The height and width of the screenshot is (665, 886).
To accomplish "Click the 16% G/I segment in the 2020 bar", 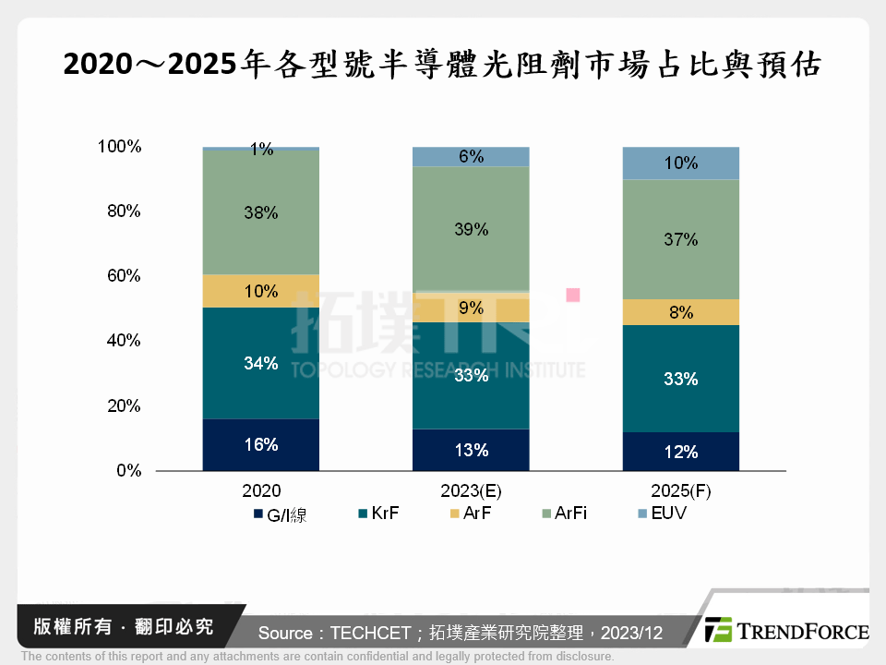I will [261, 445].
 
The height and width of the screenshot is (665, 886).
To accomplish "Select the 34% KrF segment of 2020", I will [261, 363].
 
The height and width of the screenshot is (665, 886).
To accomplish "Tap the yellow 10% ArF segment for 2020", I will [261, 291].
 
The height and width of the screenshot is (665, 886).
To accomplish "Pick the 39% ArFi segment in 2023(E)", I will [471, 229].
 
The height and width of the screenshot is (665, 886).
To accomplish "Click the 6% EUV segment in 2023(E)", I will [471, 157].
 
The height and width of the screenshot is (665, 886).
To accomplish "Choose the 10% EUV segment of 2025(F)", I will [681, 163].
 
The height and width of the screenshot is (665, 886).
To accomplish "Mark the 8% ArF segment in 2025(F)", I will [681, 312].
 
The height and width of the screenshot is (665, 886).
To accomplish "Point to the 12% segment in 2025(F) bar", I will [681, 452].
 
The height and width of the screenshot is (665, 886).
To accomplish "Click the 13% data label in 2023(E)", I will [471, 451].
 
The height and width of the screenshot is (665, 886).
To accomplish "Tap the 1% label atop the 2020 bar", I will [261, 150].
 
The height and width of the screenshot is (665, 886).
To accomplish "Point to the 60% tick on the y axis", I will [121, 276].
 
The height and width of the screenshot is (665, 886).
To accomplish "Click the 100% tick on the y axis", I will [118, 147].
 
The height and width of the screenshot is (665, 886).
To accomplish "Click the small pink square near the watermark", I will [573, 295].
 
